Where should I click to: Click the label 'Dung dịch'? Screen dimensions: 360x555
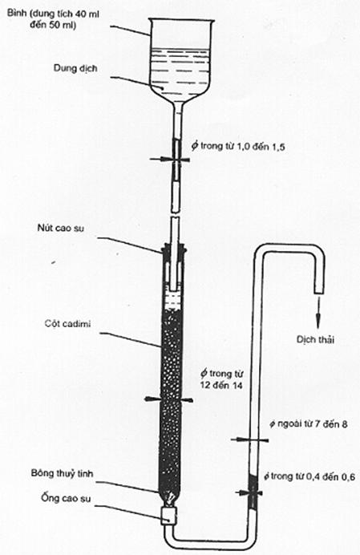click(x=75, y=68)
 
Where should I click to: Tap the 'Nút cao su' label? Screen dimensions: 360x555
click(x=60, y=228)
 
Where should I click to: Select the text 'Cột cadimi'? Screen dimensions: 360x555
click(x=67, y=323)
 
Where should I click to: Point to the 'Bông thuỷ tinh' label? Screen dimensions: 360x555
click(x=63, y=473)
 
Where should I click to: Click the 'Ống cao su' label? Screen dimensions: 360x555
click(x=66, y=498)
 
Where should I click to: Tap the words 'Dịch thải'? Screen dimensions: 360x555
click(x=315, y=340)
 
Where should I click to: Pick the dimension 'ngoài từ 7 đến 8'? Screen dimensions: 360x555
click(x=309, y=423)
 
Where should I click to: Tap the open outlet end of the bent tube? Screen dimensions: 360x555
click(x=319, y=293)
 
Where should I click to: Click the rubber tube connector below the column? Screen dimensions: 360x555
click(x=168, y=516)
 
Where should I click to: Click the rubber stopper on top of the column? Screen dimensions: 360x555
click(x=173, y=250)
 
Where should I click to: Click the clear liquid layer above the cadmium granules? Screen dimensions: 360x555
click(x=173, y=302)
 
